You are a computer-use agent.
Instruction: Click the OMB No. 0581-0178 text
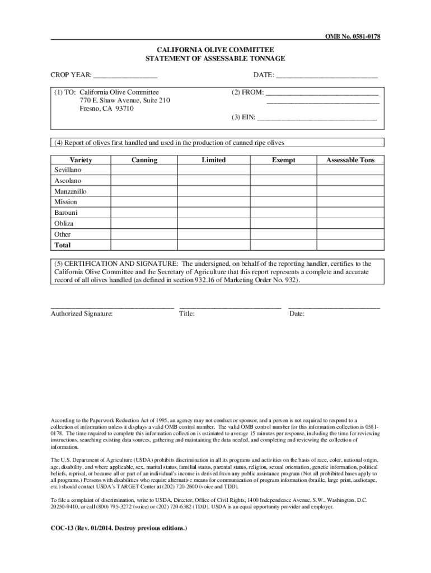(353, 36)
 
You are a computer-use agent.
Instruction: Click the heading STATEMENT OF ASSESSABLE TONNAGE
(215, 59)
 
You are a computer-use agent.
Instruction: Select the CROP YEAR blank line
(125, 76)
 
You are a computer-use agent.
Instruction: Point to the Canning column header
(144, 160)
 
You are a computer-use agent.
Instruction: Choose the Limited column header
(214, 160)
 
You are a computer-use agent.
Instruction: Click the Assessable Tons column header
(350, 160)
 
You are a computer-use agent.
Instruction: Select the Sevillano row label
(68, 170)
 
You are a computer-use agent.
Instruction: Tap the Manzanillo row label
(71, 191)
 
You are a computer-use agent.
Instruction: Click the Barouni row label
(66, 213)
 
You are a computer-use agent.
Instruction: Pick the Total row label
(63, 245)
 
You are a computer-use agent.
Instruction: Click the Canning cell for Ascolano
(144, 181)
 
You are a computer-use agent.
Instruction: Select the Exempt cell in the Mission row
(283, 202)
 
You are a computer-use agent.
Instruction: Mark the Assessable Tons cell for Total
(350, 245)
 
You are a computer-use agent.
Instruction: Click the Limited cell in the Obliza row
(214, 224)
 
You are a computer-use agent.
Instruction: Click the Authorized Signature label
(82, 314)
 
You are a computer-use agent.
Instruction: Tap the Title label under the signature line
(186, 314)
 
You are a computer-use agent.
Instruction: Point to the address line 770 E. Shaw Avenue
(125, 100)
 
